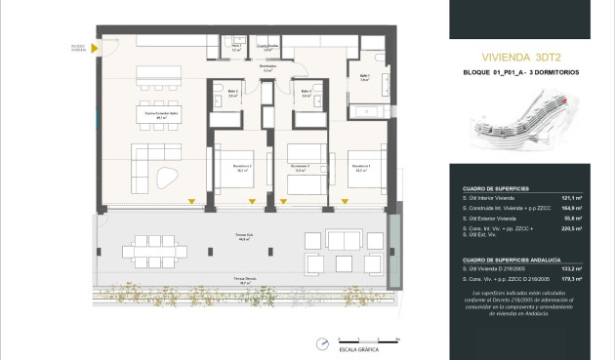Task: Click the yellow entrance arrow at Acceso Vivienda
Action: pyautogui.click(x=99, y=45)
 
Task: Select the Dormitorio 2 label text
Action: pyautogui.click(x=299, y=167)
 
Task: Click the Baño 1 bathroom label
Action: pyautogui.click(x=364, y=77)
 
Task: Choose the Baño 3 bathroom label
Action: pyautogui.click(x=306, y=94)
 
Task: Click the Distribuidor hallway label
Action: pyautogui.click(x=267, y=68)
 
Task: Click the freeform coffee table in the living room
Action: pyautogui.click(x=168, y=177)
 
